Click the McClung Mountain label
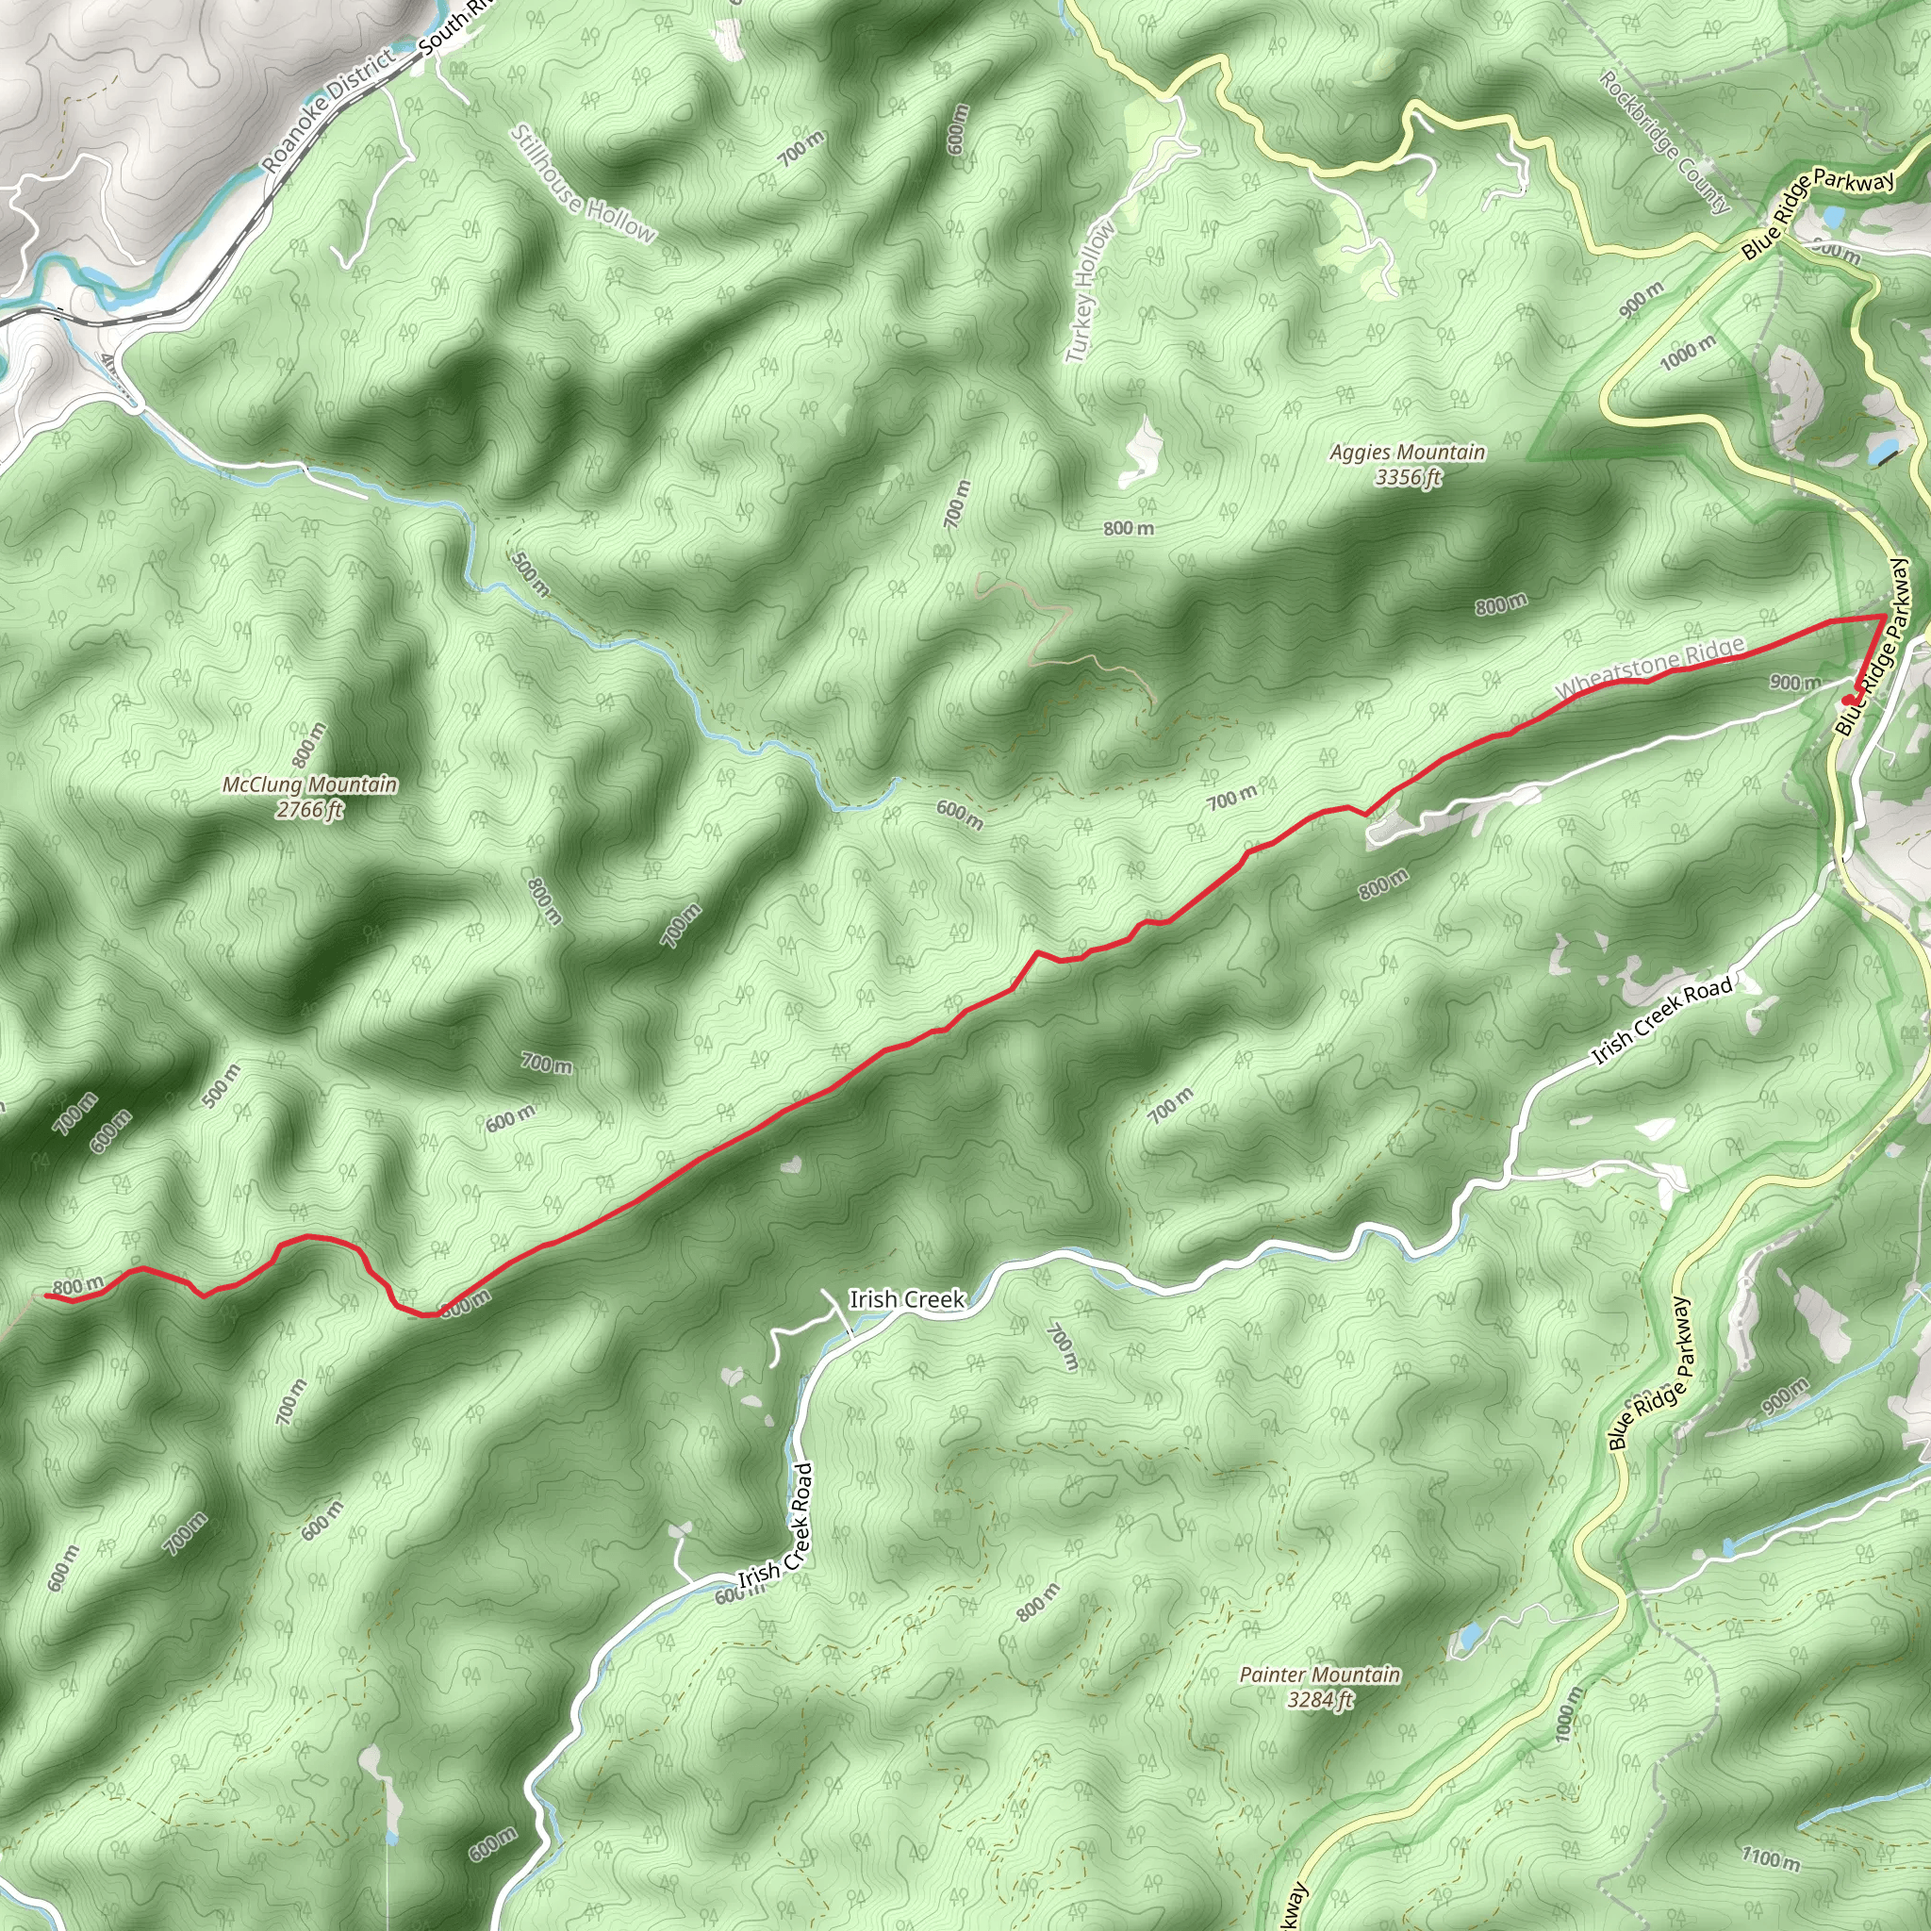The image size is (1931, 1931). click(310, 784)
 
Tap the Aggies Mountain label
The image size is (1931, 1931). click(1408, 453)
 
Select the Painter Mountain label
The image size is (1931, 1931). click(1319, 1675)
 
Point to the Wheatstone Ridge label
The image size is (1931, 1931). click(1649, 669)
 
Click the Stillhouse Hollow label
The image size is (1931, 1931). click(584, 185)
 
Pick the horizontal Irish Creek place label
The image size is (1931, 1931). click(906, 1299)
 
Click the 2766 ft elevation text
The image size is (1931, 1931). click(310, 810)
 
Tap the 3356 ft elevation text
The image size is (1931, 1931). click(1408, 478)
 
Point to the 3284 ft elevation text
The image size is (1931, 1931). click(1319, 1699)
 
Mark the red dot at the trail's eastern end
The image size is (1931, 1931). click(1847, 700)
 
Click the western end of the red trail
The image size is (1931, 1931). click(46, 1296)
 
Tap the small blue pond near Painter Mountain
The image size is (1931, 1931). click(1469, 1637)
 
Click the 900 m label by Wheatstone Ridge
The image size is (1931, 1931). click(1795, 683)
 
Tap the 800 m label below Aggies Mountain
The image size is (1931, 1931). click(1130, 528)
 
